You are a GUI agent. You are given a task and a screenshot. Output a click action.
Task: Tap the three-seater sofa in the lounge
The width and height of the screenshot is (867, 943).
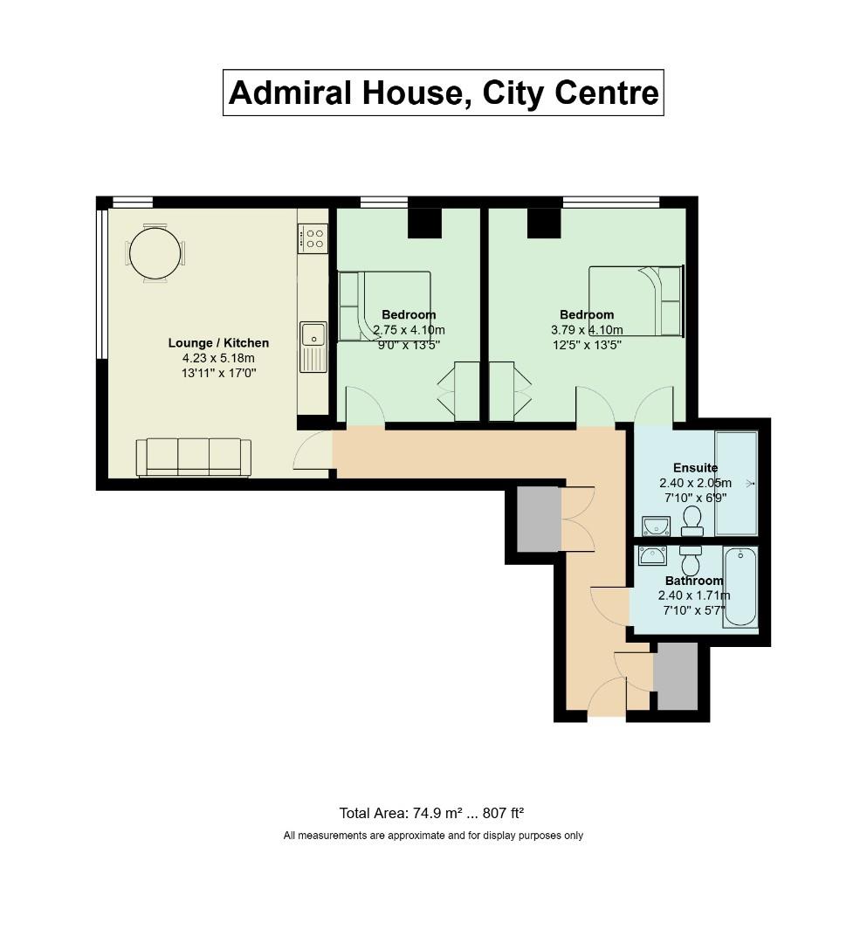[x=193, y=458]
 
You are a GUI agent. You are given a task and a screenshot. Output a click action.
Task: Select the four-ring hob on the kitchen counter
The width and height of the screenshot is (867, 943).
[x=313, y=238]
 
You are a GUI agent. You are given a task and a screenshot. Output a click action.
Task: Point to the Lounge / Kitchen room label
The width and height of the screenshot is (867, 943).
[x=218, y=343]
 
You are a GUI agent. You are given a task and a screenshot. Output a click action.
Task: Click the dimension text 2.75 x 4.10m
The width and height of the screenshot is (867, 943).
[x=409, y=330]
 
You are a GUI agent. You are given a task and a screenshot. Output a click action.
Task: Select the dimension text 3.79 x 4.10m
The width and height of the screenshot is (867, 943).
[x=587, y=330]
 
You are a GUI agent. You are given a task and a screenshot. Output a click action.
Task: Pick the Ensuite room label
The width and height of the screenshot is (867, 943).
[x=695, y=468]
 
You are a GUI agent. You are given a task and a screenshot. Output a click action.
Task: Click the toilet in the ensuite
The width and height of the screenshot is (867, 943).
[x=692, y=522]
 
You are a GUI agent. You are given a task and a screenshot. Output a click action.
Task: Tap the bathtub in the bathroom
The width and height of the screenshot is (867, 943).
[x=740, y=587]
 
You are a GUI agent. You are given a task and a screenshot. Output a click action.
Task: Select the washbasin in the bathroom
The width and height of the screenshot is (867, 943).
[x=652, y=556]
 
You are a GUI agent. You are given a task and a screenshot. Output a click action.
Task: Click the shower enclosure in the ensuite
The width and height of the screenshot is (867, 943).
[x=735, y=483]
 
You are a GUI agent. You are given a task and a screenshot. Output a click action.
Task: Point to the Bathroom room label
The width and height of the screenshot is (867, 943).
[x=694, y=581]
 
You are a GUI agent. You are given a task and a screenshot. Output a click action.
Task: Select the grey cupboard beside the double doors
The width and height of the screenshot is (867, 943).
[x=538, y=519]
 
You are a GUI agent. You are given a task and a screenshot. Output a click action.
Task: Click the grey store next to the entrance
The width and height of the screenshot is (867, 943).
[x=676, y=677]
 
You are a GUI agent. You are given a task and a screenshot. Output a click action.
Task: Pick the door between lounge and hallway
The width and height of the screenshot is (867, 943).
[x=314, y=452]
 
